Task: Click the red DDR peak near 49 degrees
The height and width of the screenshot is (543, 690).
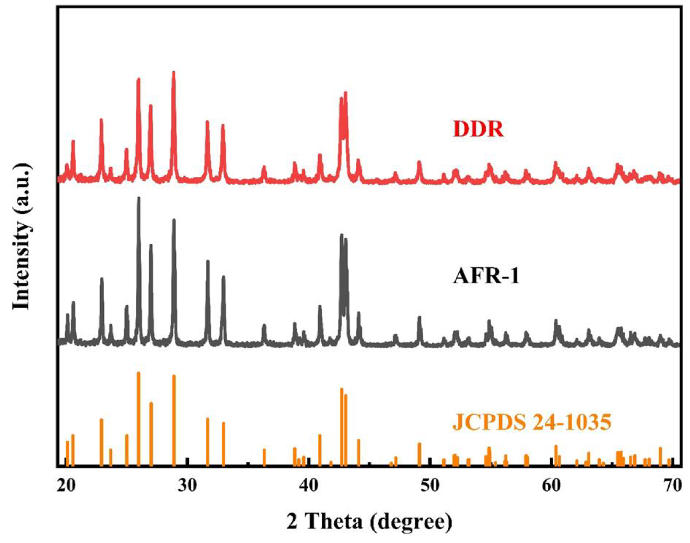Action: point(419,163)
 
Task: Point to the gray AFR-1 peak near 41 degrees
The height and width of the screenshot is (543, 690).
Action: point(320,307)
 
